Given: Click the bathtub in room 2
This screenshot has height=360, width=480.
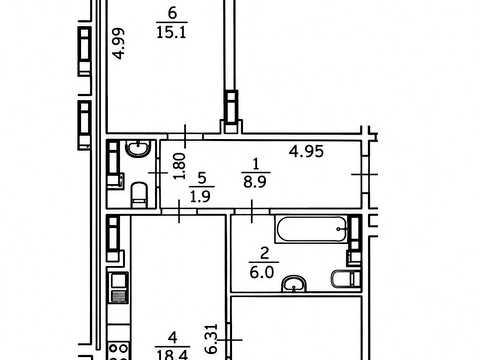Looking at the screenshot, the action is (312, 229).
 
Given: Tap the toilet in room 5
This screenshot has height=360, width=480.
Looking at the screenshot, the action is (139, 195).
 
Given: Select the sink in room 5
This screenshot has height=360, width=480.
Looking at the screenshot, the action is (138, 149).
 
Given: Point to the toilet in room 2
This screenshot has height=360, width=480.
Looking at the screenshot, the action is (346, 279).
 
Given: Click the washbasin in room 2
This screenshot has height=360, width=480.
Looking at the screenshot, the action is (294, 284).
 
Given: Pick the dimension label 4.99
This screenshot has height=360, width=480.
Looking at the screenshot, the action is (119, 44).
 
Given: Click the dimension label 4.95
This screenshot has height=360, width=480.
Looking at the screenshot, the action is (306, 152).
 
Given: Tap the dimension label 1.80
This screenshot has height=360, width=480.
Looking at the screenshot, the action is (179, 166).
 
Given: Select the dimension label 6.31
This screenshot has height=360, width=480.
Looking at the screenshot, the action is (212, 339).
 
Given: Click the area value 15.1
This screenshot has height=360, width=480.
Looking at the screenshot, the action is (171, 33).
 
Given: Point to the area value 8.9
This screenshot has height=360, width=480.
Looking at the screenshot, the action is (255, 182).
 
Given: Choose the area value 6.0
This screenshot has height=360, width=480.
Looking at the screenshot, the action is (261, 273).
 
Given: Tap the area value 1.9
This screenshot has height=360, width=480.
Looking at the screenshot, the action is (200, 197).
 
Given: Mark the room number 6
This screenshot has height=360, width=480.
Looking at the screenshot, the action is (172, 13).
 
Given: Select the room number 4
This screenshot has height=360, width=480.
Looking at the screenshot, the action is (172, 338).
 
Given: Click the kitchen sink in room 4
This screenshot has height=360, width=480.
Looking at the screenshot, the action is (119, 288).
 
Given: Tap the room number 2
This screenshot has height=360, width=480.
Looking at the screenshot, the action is (264, 254).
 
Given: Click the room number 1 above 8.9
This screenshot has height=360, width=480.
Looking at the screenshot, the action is (256, 164).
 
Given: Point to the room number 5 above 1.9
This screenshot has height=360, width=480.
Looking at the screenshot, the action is (202, 178).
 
